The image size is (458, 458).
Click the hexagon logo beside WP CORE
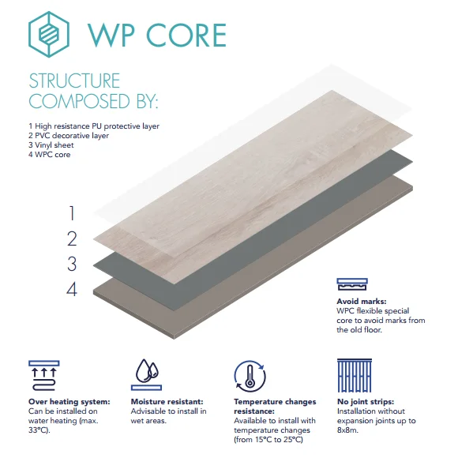[x=49, y=35]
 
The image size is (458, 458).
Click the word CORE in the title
[x=186, y=36]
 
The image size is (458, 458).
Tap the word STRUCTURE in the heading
[x=74, y=81]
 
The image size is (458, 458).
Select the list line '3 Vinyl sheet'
[x=51, y=145]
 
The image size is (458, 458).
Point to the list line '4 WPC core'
[x=50, y=155]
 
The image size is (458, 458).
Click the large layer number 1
[x=72, y=213]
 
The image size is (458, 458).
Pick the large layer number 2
[x=72, y=238]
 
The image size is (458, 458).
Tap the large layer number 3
[x=72, y=264]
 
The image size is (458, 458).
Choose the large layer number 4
[x=72, y=290]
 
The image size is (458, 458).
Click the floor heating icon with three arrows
[x=44, y=376]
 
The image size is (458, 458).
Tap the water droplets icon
[x=146, y=375]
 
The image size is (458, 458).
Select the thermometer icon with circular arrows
[x=250, y=376]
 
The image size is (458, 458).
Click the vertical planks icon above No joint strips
[x=355, y=375]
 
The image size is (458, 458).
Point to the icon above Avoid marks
[x=352, y=284]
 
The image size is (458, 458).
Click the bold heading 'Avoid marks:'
[x=362, y=301]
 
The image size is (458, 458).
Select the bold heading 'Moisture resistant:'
[x=167, y=402]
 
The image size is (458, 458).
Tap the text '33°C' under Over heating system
[x=38, y=430]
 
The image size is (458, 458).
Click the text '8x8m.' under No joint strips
[x=347, y=430]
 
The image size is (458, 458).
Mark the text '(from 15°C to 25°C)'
[x=268, y=440]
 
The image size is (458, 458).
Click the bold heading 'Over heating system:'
[x=69, y=402]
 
